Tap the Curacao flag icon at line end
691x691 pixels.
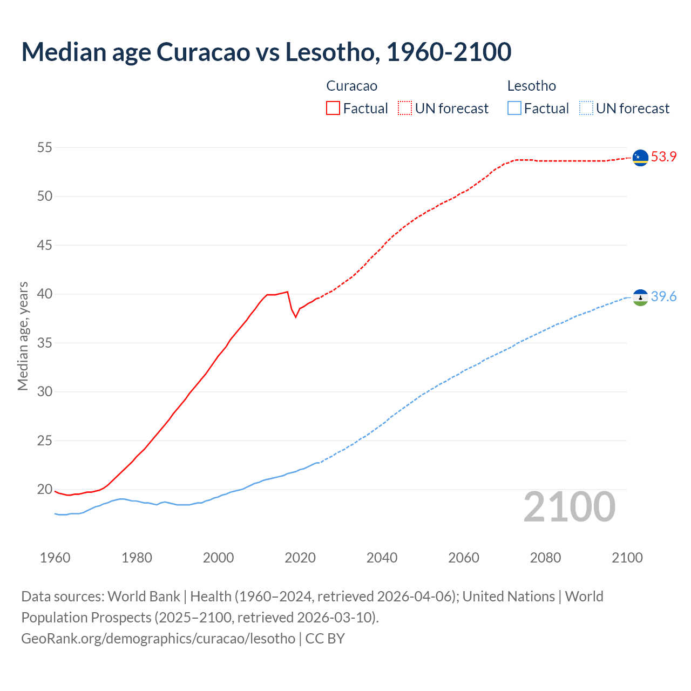click(640, 158)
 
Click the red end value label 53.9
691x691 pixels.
click(663, 157)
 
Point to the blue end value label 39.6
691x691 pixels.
click(663, 296)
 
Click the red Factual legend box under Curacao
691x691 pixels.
click(333, 108)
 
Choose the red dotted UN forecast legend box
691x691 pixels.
click(405, 108)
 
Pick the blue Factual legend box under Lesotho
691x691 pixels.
click(514, 108)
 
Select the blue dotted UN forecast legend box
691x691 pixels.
click(586, 108)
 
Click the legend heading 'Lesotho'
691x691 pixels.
click(531, 86)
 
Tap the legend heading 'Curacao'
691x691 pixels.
click(351, 86)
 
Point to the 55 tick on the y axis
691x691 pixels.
click(45, 147)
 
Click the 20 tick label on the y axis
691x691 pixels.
click(45, 490)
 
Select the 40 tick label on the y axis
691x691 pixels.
click(45, 294)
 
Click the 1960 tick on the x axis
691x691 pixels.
click(55, 558)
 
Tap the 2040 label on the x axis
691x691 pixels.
click(382, 558)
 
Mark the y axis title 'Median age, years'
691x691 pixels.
click(23, 336)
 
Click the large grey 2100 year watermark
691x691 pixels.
click(569, 507)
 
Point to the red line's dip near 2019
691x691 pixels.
click(295, 316)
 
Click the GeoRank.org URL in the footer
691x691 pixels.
click(158, 638)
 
